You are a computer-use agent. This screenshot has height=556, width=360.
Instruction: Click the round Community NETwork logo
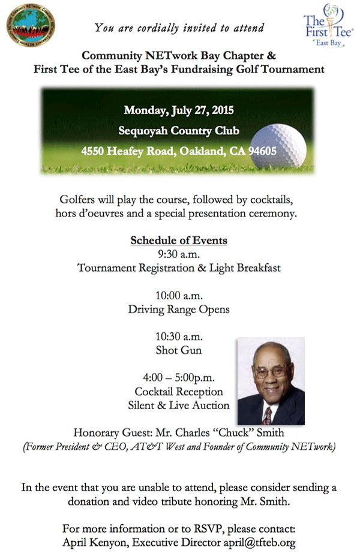[x=31, y=26]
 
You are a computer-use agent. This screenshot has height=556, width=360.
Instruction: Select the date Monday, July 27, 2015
[x=179, y=111]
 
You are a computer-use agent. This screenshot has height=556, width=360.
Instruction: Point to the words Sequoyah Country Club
[x=179, y=131]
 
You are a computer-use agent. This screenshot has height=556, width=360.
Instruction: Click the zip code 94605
[x=262, y=152]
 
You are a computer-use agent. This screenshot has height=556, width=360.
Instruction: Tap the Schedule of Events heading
[x=179, y=241]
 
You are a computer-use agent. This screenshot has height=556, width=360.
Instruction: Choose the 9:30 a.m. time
[x=179, y=254]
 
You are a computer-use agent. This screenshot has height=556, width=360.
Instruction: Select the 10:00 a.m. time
[x=179, y=296]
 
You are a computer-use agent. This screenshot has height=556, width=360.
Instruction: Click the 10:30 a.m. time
[x=179, y=337]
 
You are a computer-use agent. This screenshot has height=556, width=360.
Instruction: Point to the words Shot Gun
[x=179, y=350]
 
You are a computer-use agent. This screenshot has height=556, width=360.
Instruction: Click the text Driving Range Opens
[x=179, y=309]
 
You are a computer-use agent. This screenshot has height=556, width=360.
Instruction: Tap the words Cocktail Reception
[x=179, y=392]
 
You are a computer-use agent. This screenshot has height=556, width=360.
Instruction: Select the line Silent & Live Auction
[x=179, y=405]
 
